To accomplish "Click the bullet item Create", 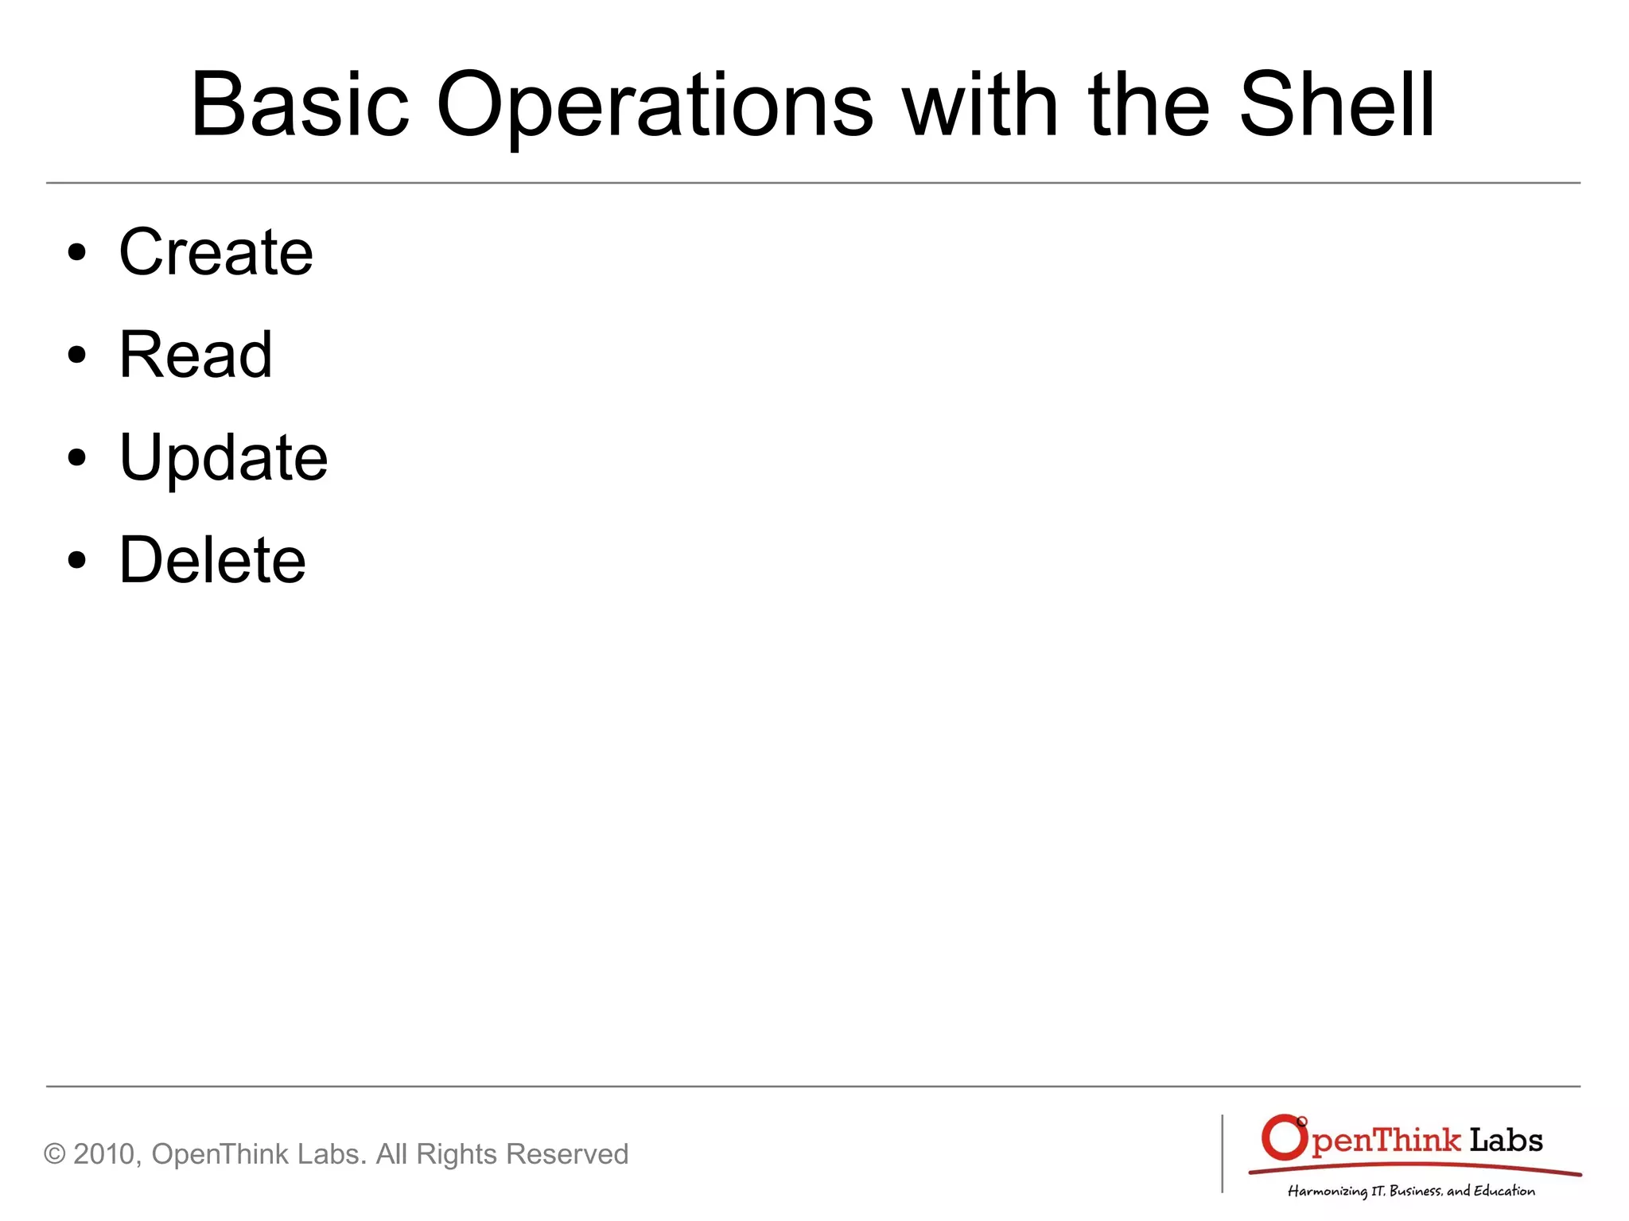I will click(x=216, y=252).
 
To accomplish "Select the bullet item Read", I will click(x=196, y=355).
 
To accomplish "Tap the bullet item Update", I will click(x=223, y=458).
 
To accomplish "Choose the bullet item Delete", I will click(x=212, y=560).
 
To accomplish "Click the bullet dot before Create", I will click(x=76, y=254).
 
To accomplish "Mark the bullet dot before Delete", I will click(x=76, y=561).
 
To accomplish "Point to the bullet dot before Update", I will click(x=76, y=458).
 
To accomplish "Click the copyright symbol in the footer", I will click(x=54, y=1154).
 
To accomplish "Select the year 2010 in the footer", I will click(x=106, y=1154).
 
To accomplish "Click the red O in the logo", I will click(x=1283, y=1138).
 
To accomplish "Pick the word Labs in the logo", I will click(x=1505, y=1140).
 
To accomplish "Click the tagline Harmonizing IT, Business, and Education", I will click(x=1411, y=1191).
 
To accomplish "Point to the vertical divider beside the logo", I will click(x=1223, y=1153).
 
